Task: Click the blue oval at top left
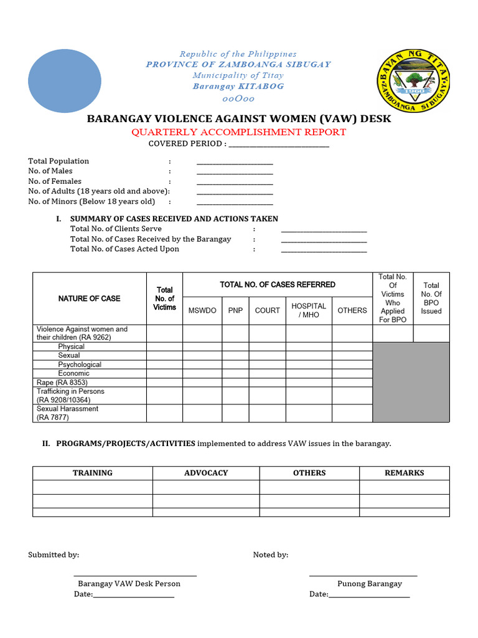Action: (65, 80)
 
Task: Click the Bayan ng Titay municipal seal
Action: (414, 81)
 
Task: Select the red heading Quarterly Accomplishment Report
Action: (238, 132)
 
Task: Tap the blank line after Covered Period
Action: (279, 145)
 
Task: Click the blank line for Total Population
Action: (235, 162)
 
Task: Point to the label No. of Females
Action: (55, 181)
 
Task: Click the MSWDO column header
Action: (202, 310)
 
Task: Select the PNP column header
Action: (235, 310)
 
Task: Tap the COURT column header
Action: (268, 310)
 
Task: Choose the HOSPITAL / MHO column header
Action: (309, 310)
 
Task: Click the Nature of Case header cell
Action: (90, 298)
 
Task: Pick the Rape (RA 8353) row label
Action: (62, 383)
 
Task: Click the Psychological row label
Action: (80, 364)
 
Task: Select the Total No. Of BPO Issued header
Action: (431, 298)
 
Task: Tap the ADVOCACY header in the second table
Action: (206, 473)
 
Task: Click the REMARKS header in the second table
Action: (405, 473)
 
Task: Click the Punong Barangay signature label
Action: (370, 584)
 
